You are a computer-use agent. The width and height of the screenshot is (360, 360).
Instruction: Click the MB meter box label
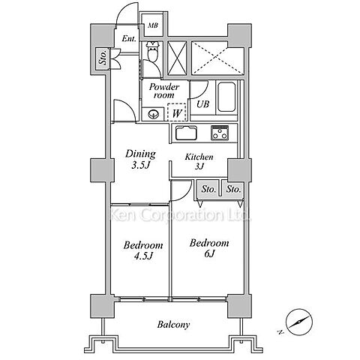click(153, 25)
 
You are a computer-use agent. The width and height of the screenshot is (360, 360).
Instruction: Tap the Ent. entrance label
click(129, 39)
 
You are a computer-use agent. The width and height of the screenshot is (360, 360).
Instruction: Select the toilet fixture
click(153, 51)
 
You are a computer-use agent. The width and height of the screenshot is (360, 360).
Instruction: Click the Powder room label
click(164, 91)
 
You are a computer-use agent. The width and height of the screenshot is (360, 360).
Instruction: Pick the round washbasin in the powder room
click(153, 115)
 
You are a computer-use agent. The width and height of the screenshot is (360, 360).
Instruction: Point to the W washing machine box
click(177, 112)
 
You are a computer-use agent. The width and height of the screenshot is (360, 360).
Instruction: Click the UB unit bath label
click(202, 104)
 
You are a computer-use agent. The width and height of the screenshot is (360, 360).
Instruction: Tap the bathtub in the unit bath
click(226, 97)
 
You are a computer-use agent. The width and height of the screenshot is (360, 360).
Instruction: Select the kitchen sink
click(186, 133)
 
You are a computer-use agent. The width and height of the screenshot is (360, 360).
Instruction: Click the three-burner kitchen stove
click(220, 133)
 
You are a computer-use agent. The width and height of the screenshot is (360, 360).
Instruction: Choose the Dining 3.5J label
click(140, 159)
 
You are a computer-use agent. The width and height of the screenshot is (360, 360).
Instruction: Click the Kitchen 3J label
click(199, 161)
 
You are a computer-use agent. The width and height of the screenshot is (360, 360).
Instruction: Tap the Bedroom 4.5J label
click(143, 250)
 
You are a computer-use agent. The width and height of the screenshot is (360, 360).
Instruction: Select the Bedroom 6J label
click(209, 248)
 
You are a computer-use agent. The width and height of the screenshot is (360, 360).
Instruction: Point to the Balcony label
click(174, 325)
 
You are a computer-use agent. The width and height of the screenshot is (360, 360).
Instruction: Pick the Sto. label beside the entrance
click(103, 57)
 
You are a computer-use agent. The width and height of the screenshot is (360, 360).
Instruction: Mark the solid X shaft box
click(177, 58)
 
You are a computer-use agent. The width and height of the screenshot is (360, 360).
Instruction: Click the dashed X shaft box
click(217, 58)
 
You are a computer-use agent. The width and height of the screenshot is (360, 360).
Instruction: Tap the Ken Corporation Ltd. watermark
click(180, 214)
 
